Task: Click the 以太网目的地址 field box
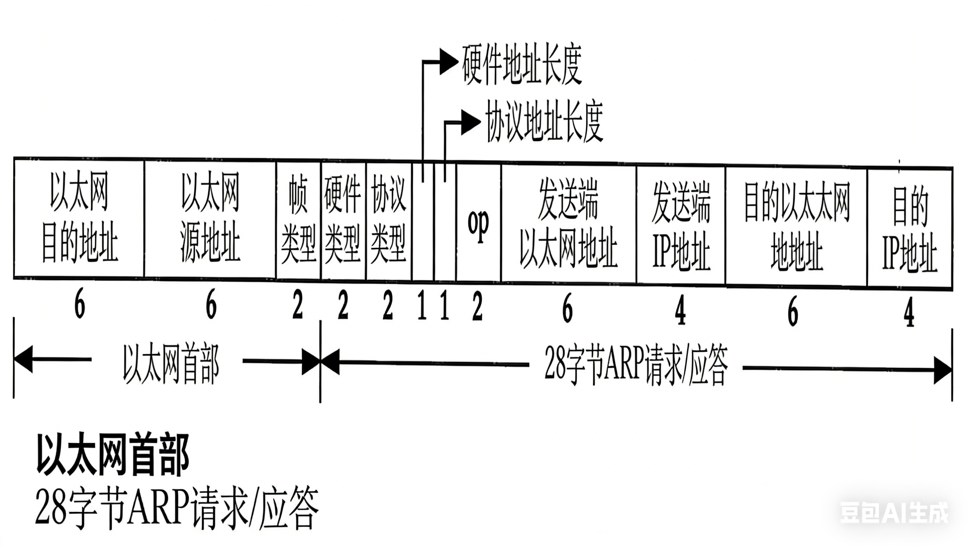[79, 218]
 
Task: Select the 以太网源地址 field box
[210, 219]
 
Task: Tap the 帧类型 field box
[298, 221]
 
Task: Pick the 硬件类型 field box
[343, 221]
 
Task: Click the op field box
[479, 223]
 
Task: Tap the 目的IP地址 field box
[910, 229]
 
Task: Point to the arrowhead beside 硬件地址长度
[449, 62]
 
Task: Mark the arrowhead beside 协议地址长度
[470, 122]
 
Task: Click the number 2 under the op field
[478, 307]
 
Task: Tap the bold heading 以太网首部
[113, 455]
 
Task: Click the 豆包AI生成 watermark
[894, 513]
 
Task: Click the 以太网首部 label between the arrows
[171, 365]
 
